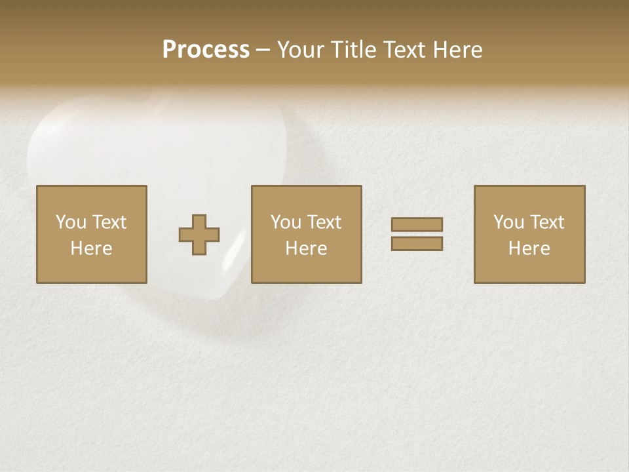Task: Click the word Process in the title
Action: pyautogui.click(x=206, y=50)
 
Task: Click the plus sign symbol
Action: pyautogui.click(x=199, y=235)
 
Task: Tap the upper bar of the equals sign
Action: pyautogui.click(x=417, y=224)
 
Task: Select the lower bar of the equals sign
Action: pyautogui.click(x=417, y=243)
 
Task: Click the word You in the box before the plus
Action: pyautogui.click(x=71, y=222)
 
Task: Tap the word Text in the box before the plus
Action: pyautogui.click(x=108, y=222)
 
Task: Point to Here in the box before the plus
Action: pyautogui.click(x=91, y=248)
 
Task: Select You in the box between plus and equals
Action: pyautogui.click(x=286, y=222)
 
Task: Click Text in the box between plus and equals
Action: pyautogui.click(x=323, y=222)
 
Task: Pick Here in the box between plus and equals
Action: pyautogui.click(x=306, y=248)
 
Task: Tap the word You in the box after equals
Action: pyautogui.click(x=508, y=222)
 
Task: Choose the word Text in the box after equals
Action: pyautogui.click(x=546, y=222)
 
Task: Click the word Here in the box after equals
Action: pyautogui.click(x=529, y=248)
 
